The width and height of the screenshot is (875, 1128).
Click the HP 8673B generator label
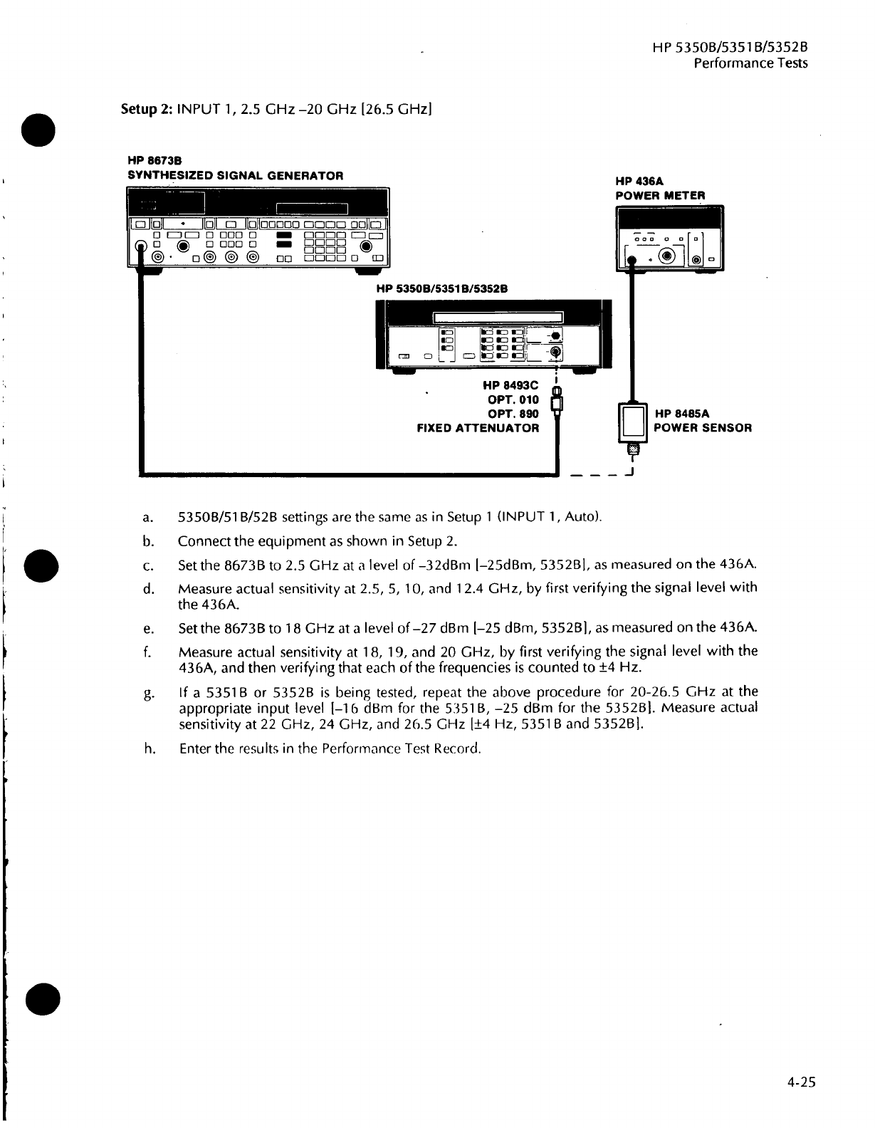coord(148,162)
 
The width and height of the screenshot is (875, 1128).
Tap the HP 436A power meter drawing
coord(669,238)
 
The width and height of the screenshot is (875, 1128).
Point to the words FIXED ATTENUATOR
coord(478,428)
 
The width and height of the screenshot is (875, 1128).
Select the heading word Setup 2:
coord(145,110)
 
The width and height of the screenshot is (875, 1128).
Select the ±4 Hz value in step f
coord(623,669)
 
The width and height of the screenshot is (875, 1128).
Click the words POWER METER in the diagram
coord(660,196)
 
